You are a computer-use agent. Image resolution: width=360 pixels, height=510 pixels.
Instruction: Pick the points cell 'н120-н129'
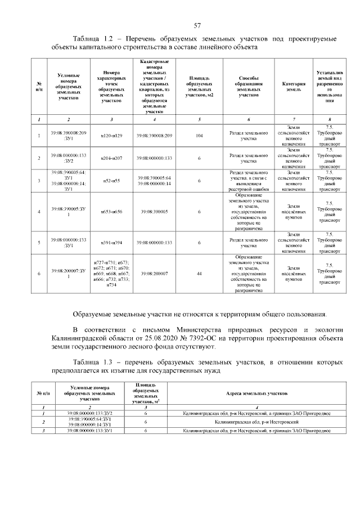click(x=111, y=136)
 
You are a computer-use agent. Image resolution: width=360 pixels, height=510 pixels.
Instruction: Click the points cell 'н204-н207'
click(x=111, y=158)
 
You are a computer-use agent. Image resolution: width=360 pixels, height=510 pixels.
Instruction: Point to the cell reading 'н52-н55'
click(x=111, y=181)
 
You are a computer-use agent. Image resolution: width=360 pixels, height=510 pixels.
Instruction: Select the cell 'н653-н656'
click(x=111, y=211)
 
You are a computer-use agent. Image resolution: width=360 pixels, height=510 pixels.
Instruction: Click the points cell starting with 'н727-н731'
click(x=111, y=274)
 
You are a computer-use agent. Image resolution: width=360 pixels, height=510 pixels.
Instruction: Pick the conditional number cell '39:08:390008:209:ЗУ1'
click(x=68, y=136)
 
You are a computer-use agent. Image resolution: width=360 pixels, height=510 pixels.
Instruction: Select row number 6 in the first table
click(x=39, y=274)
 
